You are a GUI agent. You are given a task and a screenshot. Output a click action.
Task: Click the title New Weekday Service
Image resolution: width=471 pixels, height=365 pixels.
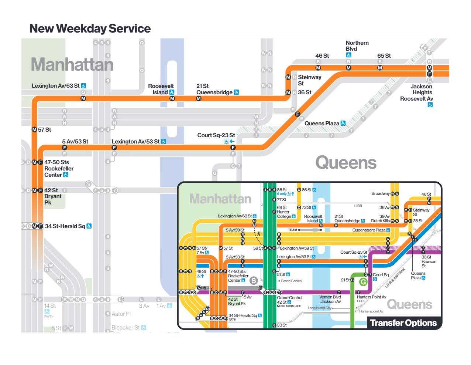90,28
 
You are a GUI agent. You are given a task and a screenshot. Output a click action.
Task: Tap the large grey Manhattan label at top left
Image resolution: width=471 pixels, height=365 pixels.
72,65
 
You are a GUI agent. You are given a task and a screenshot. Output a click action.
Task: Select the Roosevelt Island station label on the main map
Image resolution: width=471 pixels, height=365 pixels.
161,89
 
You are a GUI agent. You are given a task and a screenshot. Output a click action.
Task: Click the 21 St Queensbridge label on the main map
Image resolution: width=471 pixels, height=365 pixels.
214,89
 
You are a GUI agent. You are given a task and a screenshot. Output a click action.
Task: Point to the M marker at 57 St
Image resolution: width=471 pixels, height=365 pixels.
34,130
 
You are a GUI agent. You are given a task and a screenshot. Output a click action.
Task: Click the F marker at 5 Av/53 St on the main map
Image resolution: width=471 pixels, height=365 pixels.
65,148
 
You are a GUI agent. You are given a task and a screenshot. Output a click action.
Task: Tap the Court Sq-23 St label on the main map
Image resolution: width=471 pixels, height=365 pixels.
216,135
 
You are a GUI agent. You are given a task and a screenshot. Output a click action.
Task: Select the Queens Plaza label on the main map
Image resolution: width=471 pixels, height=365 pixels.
322,124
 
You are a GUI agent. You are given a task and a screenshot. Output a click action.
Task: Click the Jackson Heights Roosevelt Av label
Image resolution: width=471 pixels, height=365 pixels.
417,92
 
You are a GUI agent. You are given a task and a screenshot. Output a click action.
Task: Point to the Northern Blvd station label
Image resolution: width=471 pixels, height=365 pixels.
357,46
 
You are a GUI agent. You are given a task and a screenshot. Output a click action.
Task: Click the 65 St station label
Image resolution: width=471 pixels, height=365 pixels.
384,56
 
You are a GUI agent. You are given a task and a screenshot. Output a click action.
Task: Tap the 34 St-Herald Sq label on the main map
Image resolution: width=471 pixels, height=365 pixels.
65,226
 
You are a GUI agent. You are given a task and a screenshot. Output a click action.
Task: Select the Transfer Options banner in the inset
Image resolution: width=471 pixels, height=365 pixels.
403,323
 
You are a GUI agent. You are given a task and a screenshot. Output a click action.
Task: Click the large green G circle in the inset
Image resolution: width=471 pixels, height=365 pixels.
363,282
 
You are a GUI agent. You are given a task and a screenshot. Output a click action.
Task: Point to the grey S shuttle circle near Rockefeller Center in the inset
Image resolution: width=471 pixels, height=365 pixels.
254,280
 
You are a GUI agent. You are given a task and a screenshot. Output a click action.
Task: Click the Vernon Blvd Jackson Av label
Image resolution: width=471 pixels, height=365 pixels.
330,299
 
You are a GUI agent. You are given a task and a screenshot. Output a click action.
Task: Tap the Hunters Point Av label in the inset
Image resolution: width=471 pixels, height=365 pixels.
371,297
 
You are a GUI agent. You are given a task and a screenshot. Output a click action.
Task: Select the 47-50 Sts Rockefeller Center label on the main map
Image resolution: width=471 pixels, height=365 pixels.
58,168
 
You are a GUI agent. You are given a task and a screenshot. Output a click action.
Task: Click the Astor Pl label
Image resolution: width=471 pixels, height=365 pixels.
121,314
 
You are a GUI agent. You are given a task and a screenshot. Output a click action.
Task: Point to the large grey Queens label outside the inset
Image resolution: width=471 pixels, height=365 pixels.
346,163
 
